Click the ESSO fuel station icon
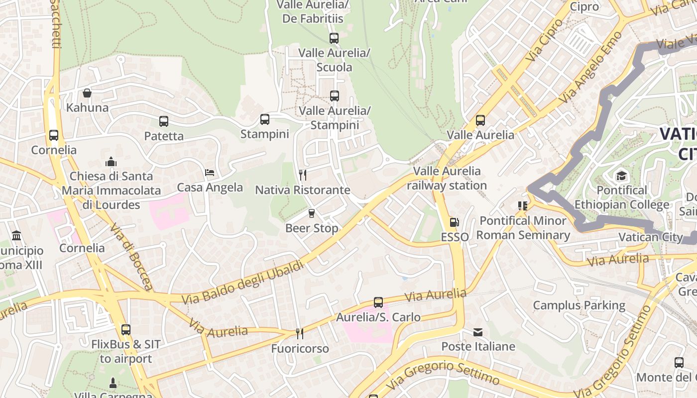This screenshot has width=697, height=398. click(454, 222)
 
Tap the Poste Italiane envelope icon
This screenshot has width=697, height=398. click(478, 332)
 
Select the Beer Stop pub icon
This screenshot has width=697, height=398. click(312, 213)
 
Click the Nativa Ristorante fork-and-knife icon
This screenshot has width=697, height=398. click(302, 175)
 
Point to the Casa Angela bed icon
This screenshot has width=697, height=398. click(210, 173)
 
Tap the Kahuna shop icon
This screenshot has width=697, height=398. click(87, 93)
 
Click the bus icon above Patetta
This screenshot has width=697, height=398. click(163, 121)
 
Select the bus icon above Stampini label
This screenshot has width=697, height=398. click(264, 119)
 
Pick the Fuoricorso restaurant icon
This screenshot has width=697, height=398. click(299, 333)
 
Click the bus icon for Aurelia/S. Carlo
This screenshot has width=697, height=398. click(378, 302)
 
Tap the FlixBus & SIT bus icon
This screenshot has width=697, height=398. click(125, 329)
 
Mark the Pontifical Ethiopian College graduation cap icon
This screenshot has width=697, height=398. click(621, 176)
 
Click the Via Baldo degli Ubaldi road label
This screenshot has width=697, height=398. click(242, 283)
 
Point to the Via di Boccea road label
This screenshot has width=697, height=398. click(131, 257)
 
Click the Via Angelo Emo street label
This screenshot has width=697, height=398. click(590, 68)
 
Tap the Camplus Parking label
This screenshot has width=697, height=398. click(579, 305)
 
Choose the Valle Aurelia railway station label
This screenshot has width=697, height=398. click(447, 178)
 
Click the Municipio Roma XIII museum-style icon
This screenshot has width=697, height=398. click(16, 235)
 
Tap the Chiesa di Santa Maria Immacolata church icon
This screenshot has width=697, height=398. click(111, 162)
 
